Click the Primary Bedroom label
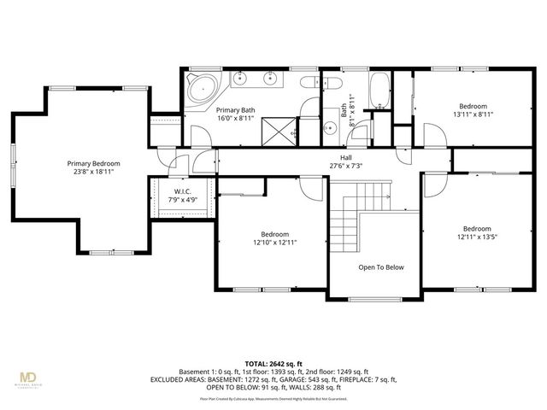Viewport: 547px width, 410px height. pos(94,163)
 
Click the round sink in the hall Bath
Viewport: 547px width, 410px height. pos(331,128)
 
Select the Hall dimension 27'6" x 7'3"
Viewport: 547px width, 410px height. pos(345,166)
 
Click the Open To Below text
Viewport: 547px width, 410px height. pos(380,267)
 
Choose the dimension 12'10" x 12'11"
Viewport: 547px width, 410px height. pos(274,243)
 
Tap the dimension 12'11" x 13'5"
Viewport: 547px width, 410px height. pos(477,237)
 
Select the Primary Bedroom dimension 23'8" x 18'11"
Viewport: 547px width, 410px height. pos(94,172)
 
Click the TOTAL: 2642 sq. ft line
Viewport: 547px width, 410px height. pos(273,362)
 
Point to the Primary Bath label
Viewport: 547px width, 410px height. pos(235,110)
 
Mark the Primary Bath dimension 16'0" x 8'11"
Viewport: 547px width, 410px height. pos(235,119)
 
